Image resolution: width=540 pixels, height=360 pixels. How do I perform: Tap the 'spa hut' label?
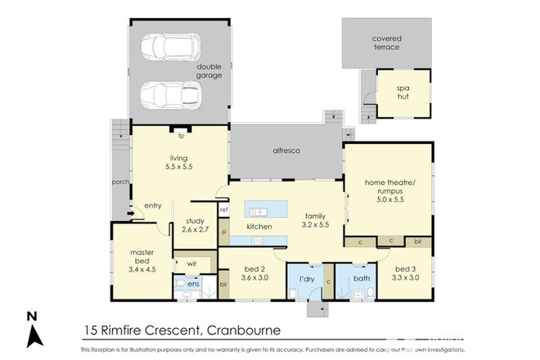402,91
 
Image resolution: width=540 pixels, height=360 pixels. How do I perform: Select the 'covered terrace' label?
386,43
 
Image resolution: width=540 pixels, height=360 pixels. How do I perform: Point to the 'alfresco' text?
286,151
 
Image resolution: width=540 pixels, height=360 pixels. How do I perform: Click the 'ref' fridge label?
223,209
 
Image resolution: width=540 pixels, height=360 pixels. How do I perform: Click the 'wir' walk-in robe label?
191,263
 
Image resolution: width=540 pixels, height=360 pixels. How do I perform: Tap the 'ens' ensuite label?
194,284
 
